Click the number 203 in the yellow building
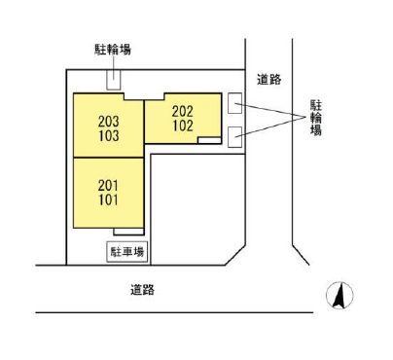109,122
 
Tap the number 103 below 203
109,136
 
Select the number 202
184,110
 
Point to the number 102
184,125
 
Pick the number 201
109,186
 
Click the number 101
109,200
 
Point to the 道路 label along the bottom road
143,289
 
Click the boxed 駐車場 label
126,252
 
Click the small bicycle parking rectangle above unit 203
114,82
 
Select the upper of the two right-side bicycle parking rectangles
234,101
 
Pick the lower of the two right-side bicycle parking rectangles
234,135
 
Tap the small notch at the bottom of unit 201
122,232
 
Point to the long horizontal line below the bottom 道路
175,311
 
